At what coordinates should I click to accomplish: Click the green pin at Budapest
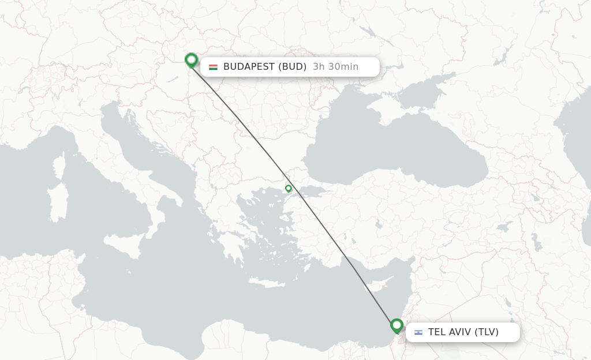[191, 59]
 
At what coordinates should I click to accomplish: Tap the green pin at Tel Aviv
[397, 325]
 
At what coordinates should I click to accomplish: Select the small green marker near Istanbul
[289, 188]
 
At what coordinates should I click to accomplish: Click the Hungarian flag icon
[213, 67]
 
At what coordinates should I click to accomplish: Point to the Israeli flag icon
[418, 332]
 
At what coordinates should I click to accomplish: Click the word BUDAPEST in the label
[249, 67]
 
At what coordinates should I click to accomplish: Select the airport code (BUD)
[293, 67]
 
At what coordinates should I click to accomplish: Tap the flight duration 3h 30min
[335, 67]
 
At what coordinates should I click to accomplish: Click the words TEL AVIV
[449, 332]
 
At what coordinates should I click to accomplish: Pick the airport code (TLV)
[486, 332]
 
